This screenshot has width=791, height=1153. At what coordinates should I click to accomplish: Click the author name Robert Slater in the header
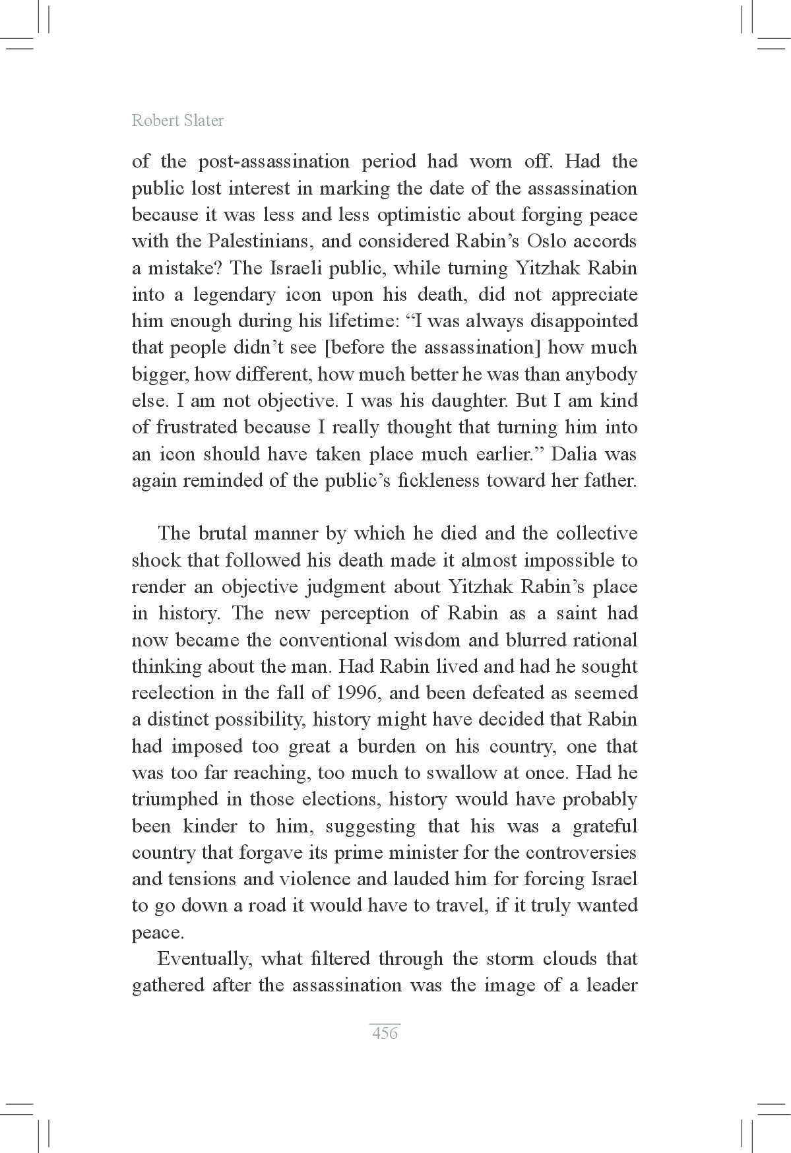[177, 120]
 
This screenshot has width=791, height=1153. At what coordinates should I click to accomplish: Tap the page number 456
[385, 1033]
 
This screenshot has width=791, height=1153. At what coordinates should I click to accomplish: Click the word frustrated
[196, 427]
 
